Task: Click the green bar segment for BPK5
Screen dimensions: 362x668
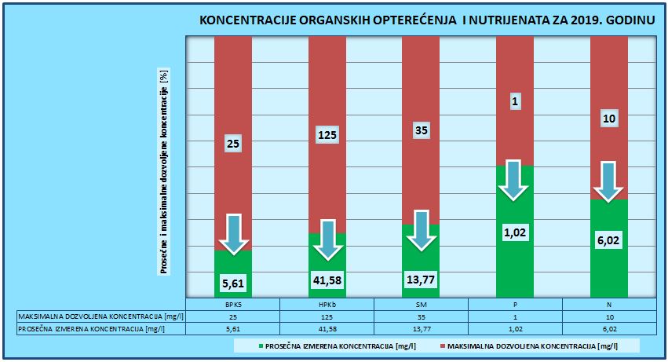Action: coord(233,271)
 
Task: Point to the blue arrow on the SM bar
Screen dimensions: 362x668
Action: coord(422,230)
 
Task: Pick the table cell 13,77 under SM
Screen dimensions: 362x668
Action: coord(421,329)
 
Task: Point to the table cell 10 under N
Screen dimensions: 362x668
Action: coord(609,316)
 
